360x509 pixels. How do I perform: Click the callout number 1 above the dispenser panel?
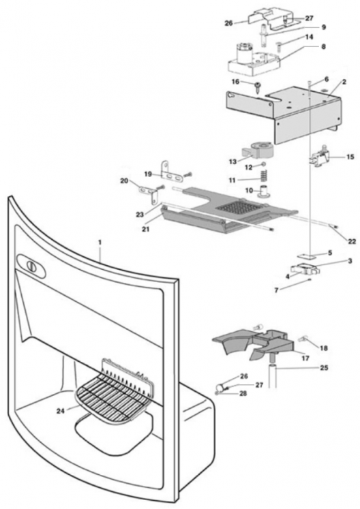100,243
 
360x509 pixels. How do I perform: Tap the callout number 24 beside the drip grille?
61,411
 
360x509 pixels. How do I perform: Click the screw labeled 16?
258,87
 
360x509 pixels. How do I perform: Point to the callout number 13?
232,161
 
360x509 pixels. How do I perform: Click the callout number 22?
352,241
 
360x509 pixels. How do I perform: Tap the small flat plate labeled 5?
307,256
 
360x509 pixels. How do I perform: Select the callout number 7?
277,290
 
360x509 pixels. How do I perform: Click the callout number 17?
305,358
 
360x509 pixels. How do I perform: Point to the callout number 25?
324,367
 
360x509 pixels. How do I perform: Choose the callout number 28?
243,393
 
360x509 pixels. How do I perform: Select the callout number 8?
323,47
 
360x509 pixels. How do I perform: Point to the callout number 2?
344,82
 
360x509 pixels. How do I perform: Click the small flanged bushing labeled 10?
265,191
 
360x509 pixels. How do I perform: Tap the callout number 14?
310,37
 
